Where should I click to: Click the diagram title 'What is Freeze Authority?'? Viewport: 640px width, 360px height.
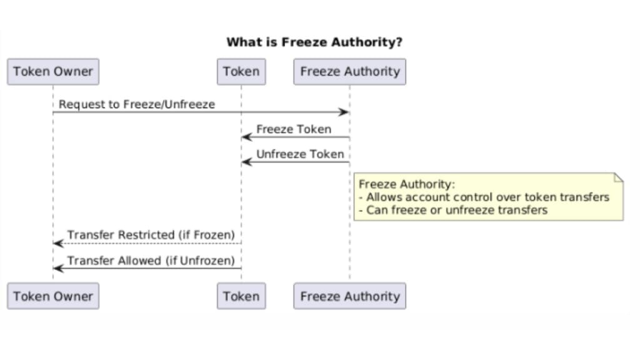(x=314, y=42)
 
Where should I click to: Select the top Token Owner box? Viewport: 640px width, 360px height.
(x=53, y=71)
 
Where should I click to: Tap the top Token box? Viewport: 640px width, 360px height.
(x=241, y=71)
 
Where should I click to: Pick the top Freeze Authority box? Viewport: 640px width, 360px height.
(x=349, y=71)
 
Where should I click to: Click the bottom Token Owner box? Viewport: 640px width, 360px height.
(x=53, y=296)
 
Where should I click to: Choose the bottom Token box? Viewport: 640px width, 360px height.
(x=241, y=296)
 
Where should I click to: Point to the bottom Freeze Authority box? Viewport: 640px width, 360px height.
(x=349, y=296)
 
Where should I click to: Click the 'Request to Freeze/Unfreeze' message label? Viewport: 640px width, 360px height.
(x=137, y=104)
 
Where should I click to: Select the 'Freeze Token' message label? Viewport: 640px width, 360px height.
(x=294, y=129)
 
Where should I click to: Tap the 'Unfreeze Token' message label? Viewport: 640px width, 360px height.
(x=300, y=154)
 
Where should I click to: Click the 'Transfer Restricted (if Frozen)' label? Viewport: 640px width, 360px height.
(x=151, y=235)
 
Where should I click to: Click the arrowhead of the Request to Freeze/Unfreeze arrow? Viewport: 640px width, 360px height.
(x=344, y=112)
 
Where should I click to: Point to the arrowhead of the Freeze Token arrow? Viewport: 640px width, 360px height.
(x=246, y=137)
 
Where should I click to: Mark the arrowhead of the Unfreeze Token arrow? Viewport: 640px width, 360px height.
(x=246, y=162)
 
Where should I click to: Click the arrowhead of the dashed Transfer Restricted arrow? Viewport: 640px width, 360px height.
(x=57, y=243)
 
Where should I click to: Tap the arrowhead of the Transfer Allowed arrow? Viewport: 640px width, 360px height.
(x=57, y=268)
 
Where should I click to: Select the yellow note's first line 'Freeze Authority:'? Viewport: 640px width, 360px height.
(x=407, y=184)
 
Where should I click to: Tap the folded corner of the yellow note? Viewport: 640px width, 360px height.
(x=619, y=177)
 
